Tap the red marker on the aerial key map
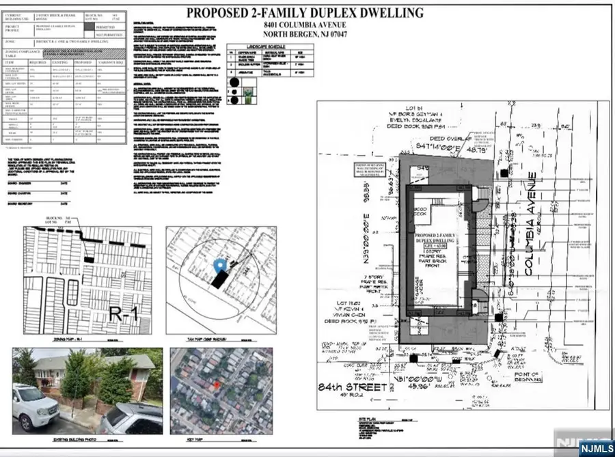217,386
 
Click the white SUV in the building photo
35,405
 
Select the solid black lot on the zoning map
90,258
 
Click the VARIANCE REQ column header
113,62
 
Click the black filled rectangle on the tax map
220,278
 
